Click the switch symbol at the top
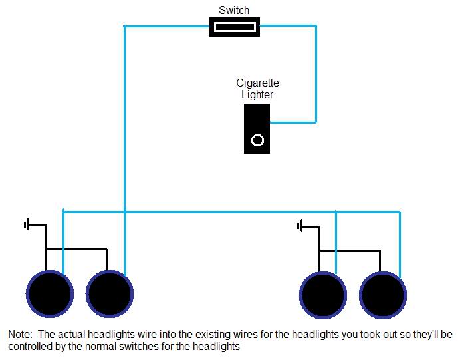pos(235,27)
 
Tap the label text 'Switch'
pos(234,10)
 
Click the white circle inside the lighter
pos(257,140)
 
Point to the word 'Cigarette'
pos(257,83)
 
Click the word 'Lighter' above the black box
pos(257,95)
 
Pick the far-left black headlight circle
pos(49,294)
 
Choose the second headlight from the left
pos(109,294)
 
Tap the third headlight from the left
pos(323,294)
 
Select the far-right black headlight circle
pos(383,294)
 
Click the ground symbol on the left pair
pos(28,225)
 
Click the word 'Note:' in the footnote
pos(21,334)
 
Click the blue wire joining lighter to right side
pos(293,122)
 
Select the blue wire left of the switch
pos(166,27)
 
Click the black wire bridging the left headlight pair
pos(76,250)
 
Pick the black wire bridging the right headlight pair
pos(350,250)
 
